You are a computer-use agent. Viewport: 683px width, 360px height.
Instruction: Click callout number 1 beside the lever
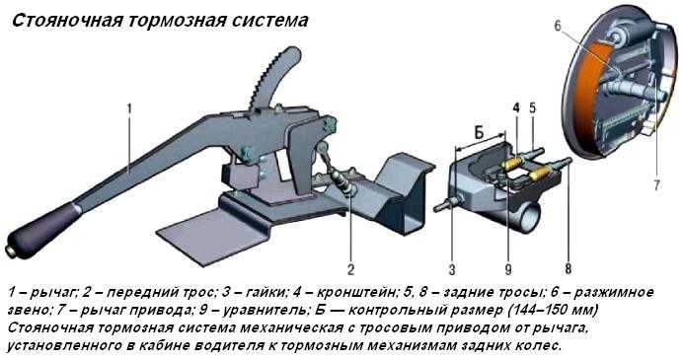coord(129,108)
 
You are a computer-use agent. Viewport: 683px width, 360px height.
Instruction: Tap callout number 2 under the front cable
coord(350,269)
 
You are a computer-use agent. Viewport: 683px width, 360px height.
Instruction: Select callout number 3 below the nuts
coord(452,270)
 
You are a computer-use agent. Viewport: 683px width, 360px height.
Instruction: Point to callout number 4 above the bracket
coord(516,108)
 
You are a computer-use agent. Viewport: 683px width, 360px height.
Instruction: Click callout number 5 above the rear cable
coord(532,108)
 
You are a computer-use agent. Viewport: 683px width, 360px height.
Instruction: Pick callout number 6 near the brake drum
coord(558,26)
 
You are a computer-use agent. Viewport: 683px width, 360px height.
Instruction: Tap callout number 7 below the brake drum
coord(656,185)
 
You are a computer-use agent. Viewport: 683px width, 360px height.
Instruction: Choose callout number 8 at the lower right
coord(568,268)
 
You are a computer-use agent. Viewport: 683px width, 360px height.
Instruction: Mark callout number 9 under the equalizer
coord(508,270)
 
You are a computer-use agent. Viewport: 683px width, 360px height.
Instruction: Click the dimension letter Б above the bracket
coord(479,133)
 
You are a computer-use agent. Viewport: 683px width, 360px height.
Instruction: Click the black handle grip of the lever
coord(42,230)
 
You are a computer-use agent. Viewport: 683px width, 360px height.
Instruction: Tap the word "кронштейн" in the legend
coord(356,293)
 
